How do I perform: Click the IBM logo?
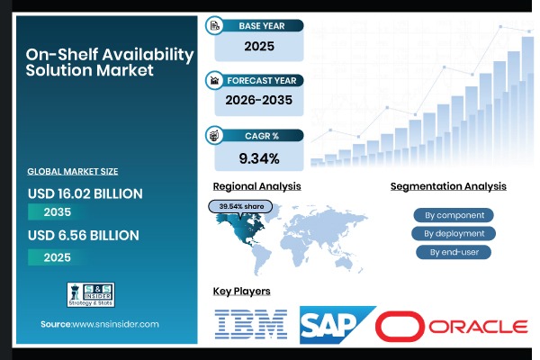tap(251, 324)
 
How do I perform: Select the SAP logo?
tap(336, 324)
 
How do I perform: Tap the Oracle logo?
tap(452, 325)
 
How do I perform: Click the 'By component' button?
tap(454, 215)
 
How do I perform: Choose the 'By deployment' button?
tap(454, 233)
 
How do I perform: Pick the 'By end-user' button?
tap(454, 252)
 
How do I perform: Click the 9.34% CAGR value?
tap(258, 159)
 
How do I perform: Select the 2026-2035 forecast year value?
tap(258, 103)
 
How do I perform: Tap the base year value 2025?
tap(258, 46)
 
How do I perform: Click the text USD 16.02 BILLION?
tap(85, 193)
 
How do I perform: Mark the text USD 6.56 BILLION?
tap(83, 236)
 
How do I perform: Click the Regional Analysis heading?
tap(256, 186)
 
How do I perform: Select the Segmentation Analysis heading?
tap(448, 186)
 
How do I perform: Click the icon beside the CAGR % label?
tap(215, 136)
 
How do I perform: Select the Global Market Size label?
tap(73, 171)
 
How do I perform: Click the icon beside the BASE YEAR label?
tap(215, 25)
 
